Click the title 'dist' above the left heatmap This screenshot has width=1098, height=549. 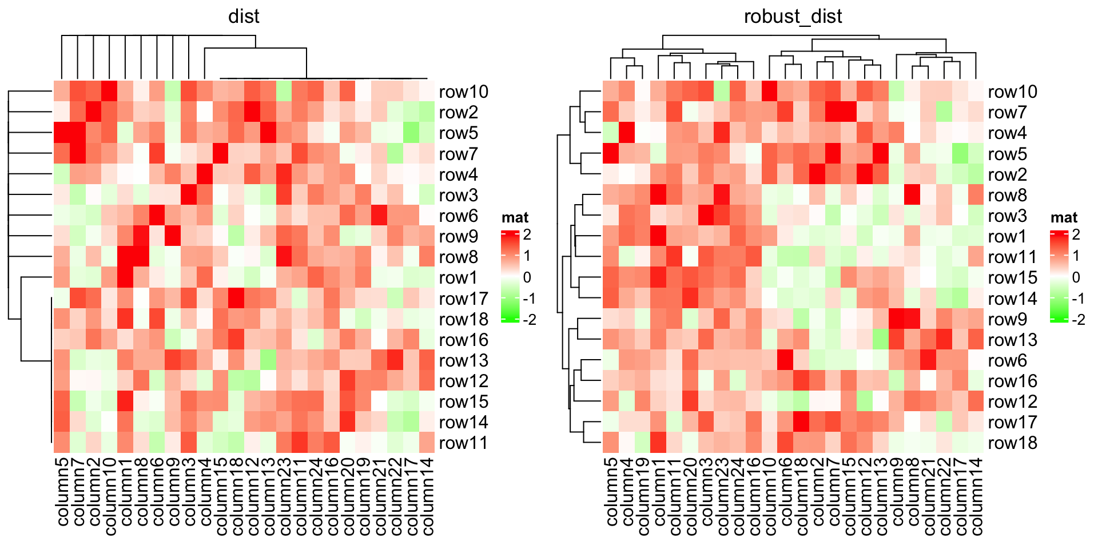[244, 16]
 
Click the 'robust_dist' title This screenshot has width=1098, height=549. [793, 16]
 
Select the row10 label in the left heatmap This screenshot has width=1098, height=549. [463, 91]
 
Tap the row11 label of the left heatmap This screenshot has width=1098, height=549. [463, 443]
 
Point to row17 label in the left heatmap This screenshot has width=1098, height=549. [463, 299]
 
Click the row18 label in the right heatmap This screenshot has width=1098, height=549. [1012, 443]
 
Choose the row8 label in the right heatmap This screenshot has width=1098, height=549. [1008, 195]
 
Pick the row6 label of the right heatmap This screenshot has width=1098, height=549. [1008, 360]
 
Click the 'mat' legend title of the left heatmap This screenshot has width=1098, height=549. [515, 217]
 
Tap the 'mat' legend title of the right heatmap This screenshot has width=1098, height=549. [1064, 217]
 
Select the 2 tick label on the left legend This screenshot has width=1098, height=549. [527, 234]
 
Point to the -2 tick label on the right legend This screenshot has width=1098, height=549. [1078, 319]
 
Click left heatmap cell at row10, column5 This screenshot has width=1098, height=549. [62, 91]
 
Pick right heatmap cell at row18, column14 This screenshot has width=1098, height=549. [976, 443]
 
